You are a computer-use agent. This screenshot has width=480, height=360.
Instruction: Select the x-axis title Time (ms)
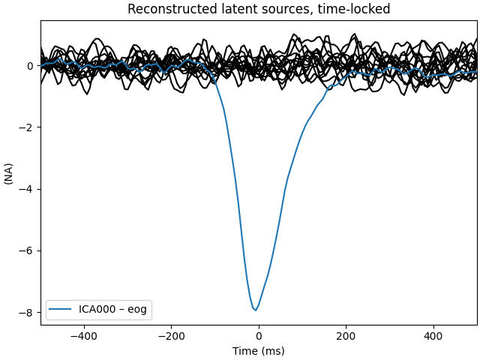(x=259, y=351)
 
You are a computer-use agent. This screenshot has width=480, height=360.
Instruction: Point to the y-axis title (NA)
(x=9, y=173)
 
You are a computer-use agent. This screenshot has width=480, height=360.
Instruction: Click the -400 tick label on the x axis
(x=83, y=336)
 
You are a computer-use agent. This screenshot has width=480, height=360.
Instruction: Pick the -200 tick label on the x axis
(x=171, y=336)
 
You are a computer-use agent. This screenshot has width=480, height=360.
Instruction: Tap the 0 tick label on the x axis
(x=259, y=336)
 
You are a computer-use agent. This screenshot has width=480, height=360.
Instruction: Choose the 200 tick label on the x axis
(x=346, y=336)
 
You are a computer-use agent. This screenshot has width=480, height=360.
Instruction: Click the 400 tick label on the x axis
(x=434, y=336)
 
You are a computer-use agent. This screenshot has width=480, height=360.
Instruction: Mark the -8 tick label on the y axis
(x=27, y=312)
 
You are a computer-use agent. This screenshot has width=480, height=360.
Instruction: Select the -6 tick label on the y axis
(x=27, y=250)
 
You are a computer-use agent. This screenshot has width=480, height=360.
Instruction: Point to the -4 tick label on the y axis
(x=27, y=189)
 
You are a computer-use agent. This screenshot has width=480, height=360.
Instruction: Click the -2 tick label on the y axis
(x=27, y=127)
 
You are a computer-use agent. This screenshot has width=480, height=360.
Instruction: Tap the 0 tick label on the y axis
(x=31, y=66)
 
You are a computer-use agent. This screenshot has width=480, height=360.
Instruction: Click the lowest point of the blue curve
(x=256, y=310)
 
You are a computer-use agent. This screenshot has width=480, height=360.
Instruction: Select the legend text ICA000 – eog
(x=113, y=309)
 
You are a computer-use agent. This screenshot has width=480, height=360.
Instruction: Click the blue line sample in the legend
(x=61, y=309)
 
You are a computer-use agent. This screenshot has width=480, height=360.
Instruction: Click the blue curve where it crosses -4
(x=236, y=189)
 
